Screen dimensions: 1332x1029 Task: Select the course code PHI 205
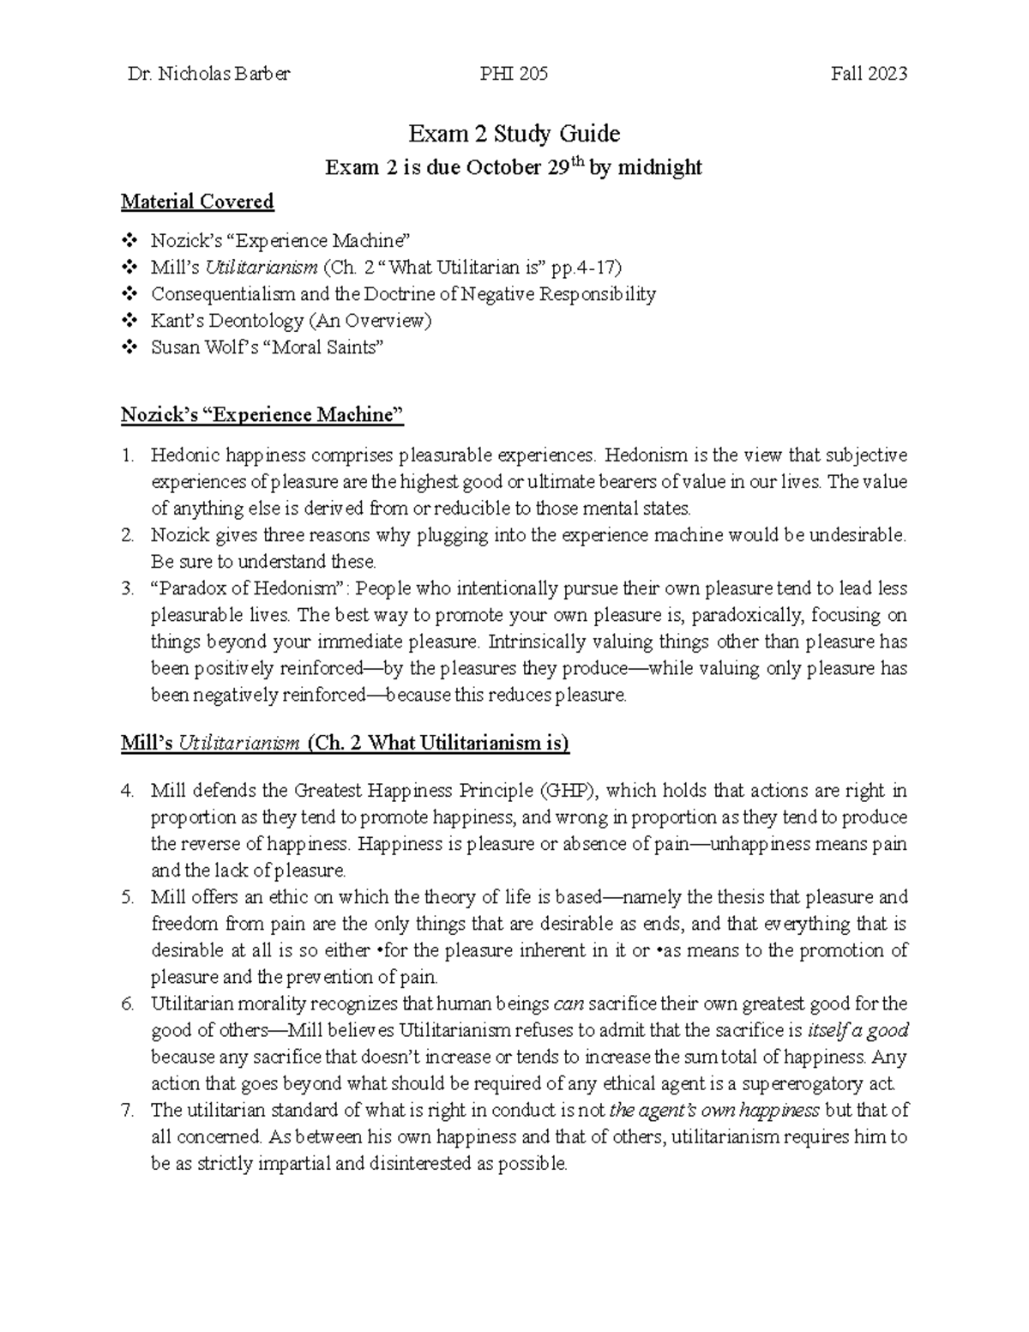pyautogui.click(x=515, y=74)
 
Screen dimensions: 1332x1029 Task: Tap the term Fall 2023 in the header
pyautogui.click(x=868, y=74)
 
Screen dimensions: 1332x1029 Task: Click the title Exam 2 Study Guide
pyautogui.click(x=514, y=134)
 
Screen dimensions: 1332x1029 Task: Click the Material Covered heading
pyautogui.click(x=197, y=202)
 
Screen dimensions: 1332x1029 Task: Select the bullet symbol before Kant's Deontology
pyautogui.click(x=129, y=321)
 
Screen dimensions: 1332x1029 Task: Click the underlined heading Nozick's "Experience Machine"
pyautogui.click(x=262, y=415)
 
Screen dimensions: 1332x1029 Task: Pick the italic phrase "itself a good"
pyautogui.click(x=858, y=1030)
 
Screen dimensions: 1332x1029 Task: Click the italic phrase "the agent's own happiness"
pyautogui.click(x=714, y=1110)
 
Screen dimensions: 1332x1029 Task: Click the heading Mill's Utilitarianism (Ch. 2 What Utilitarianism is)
pyautogui.click(x=345, y=743)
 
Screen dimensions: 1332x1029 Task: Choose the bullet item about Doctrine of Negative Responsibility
pyautogui.click(x=403, y=294)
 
